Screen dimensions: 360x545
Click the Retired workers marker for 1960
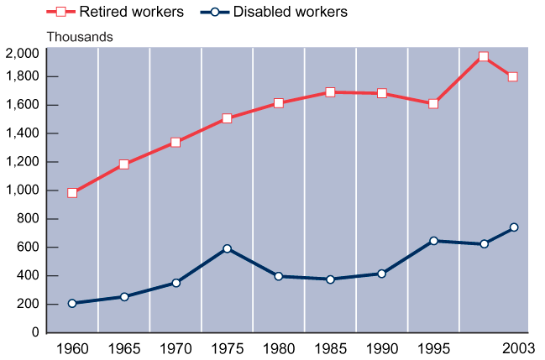pyautogui.click(x=72, y=193)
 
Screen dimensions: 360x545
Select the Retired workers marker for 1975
pyautogui.click(x=227, y=118)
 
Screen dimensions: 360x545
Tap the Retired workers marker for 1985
pyautogui.click(x=330, y=92)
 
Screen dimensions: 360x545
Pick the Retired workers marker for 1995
pyautogui.click(x=433, y=104)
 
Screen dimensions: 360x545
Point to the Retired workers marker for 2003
pyautogui.click(x=512, y=77)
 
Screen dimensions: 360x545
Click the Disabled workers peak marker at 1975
pyautogui.click(x=227, y=248)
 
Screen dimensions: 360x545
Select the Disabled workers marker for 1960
pyautogui.click(x=72, y=303)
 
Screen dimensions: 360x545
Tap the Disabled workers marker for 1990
pyautogui.click(x=381, y=274)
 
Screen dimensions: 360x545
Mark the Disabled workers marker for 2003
pyautogui.click(x=513, y=227)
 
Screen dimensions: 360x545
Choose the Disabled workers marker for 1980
pyautogui.click(x=279, y=276)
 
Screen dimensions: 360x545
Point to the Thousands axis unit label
pyautogui.click(x=80, y=37)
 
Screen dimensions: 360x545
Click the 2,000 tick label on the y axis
pyautogui.click(x=22, y=54)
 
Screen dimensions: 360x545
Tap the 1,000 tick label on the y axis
pyautogui.click(x=22, y=190)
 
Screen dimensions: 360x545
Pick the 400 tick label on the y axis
pyautogui.click(x=28, y=276)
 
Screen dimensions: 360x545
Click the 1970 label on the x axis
pyautogui.click(x=176, y=347)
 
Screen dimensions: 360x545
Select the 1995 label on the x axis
pyautogui.click(x=433, y=347)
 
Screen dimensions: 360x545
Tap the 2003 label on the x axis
pyautogui.click(x=514, y=347)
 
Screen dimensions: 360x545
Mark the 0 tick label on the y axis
pyautogui.click(x=34, y=333)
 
